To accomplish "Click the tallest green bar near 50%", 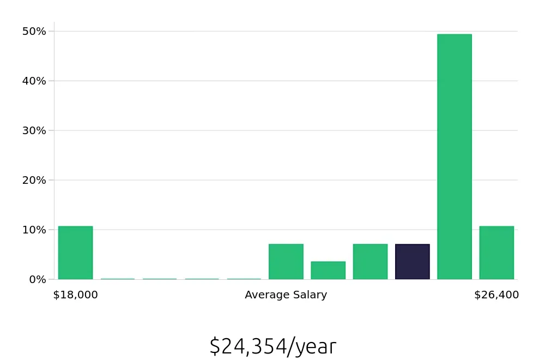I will [x=454, y=157].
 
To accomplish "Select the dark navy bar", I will [x=412, y=262].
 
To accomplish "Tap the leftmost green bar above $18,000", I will [x=75, y=253].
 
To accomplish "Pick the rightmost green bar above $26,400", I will [x=496, y=253].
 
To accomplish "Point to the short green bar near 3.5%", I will [x=328, y=271].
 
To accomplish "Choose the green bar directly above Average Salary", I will [x=286, y=262].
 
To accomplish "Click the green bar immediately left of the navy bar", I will [x=370, y=262].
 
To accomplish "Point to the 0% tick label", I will [x=37, y=279].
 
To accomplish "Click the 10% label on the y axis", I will [x=34, y=230].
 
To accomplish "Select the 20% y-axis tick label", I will [x=34, y=180].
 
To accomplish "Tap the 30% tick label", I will [x=34, y=130].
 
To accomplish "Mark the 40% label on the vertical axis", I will [x=34, y=81].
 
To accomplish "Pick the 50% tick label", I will [x=34, y=31].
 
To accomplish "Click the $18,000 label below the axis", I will [x=76, y=295].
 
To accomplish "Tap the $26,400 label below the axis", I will [x=496, y=295].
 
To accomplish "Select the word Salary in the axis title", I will [x=310, y=295].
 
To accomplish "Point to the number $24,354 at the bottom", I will [x=248, y=346].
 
